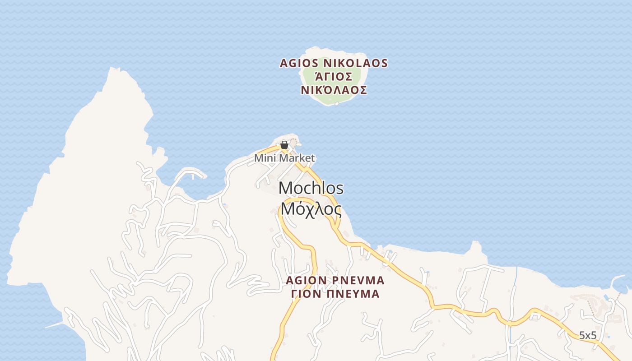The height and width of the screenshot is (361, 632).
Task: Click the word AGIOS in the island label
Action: tap(299, 63)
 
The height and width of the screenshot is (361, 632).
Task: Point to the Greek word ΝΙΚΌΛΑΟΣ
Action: tap(334, 90)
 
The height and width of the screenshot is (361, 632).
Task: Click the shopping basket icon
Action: tap(284, 145)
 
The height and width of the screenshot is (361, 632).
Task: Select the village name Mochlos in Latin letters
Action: tap(311, 188)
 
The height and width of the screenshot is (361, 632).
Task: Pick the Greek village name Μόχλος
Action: tap(311, 209)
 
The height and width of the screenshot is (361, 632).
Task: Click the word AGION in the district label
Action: tap(306, 281)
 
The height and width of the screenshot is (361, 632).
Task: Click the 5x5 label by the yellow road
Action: tap(588, 335)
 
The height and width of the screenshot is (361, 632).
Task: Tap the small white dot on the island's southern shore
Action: tap(337, 104)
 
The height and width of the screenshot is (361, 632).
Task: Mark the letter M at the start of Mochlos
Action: tap(285, 188)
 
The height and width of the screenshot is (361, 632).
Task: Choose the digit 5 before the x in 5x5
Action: tap(582, 335)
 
